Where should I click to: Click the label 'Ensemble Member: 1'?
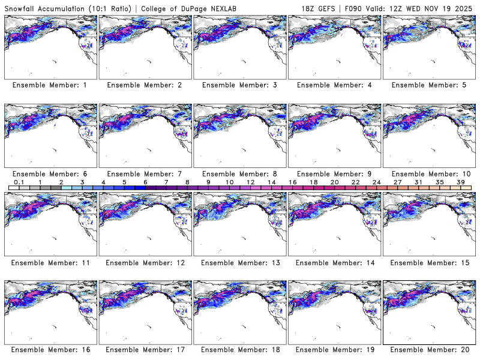[50, 85]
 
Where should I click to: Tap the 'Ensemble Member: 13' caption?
[239, 263]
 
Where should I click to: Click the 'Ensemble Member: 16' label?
[50, 349]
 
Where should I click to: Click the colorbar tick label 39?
[460, 182]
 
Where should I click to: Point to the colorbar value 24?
[376, 182]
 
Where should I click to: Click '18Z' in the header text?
[309, 7]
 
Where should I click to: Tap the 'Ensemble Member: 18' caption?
[239, 349]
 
